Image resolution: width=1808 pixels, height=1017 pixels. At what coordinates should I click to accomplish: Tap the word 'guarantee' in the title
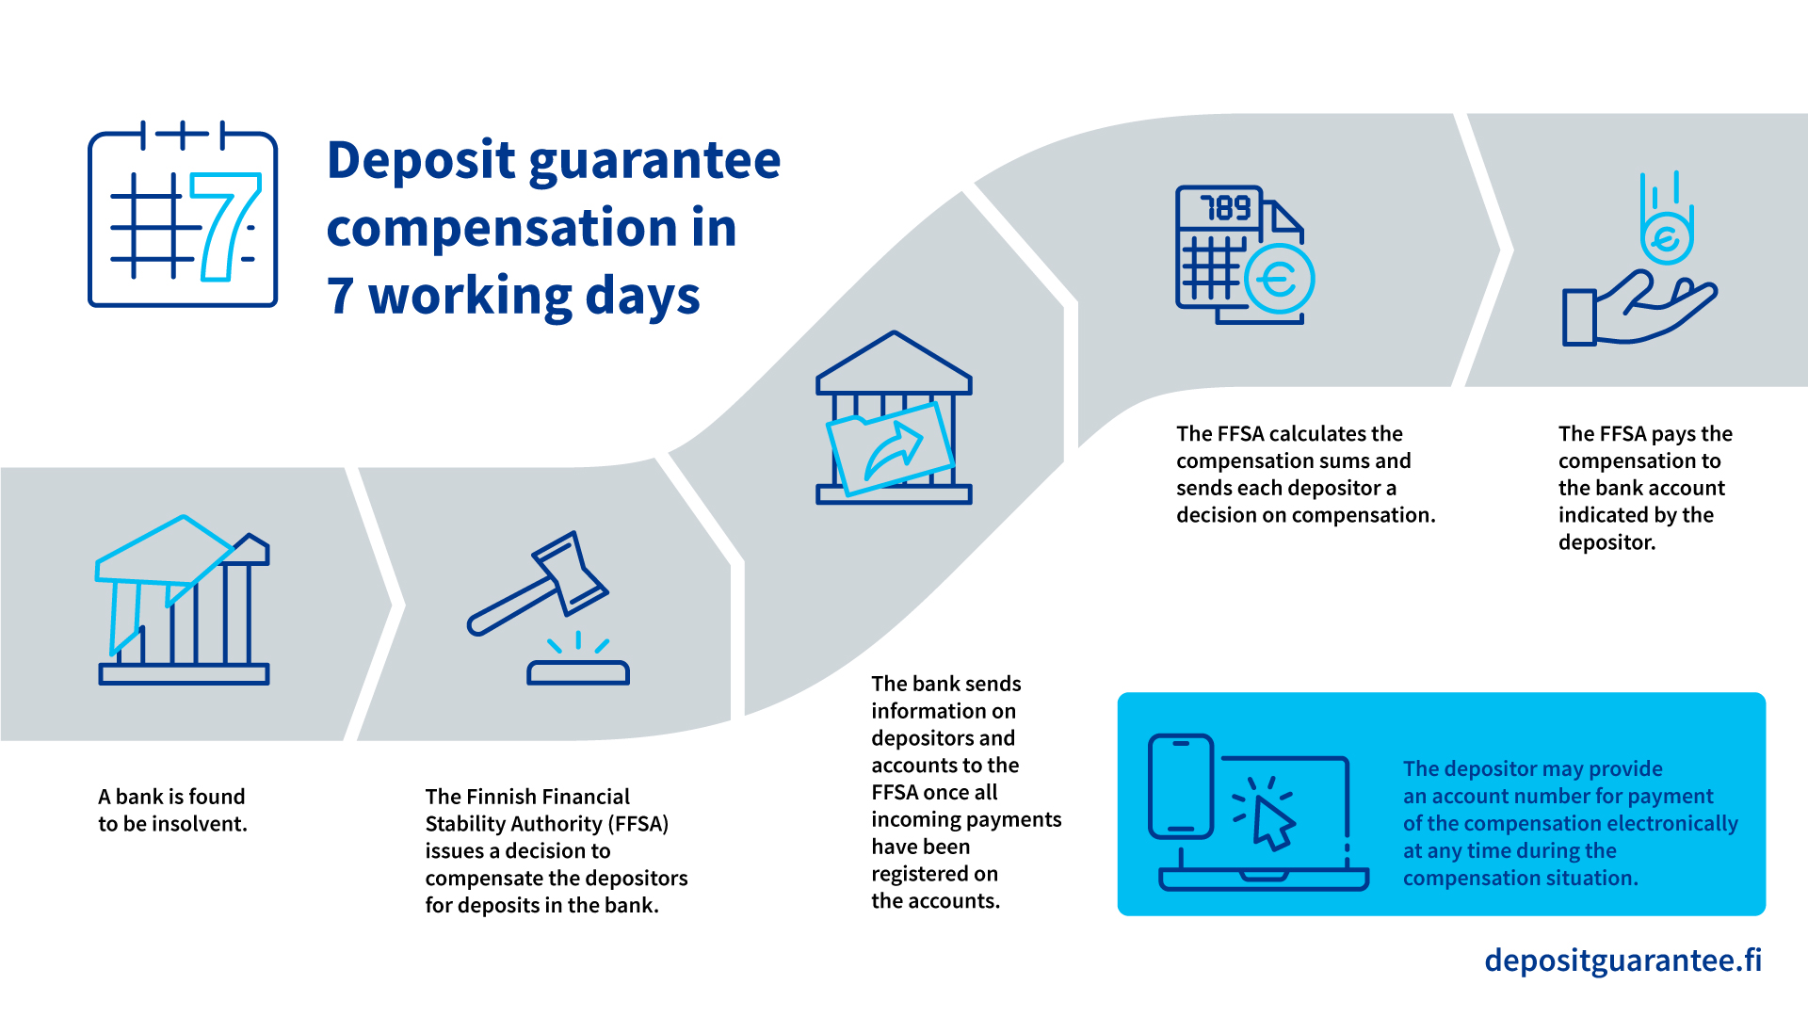[x=654, y=161]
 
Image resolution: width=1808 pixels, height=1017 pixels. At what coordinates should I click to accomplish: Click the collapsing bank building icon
[x=184, y=600]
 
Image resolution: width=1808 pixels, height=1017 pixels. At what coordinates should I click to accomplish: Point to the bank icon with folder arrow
[x=894, y=417]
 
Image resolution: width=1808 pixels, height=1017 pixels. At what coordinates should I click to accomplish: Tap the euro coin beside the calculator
[x=1279, y=278]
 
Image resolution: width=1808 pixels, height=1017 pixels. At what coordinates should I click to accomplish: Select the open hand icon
[x=1639, y=308]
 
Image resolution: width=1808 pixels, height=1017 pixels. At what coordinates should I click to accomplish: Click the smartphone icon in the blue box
[x=1181, y=786]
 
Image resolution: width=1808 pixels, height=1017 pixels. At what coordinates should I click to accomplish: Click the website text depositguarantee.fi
[x=1622, y=960]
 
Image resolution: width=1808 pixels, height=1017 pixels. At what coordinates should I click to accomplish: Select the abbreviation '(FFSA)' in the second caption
[x=638, y=824]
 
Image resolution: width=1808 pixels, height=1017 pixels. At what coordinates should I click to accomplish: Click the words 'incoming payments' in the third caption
[x=966, y=820]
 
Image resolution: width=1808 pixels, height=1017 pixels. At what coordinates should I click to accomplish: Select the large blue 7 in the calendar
[x=224, y=226]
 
